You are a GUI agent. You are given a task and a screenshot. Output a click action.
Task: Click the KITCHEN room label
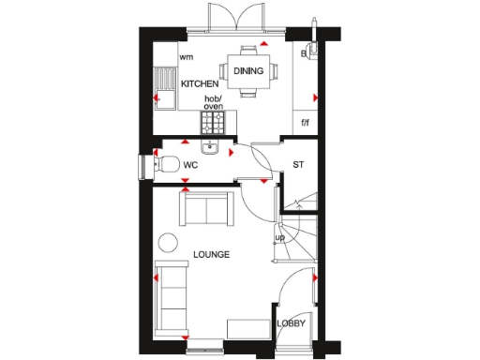(x=200, y=83)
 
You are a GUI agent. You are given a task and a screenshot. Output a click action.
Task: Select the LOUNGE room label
(x=212, y=254)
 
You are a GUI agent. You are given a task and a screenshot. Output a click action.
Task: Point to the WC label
(x=190, y=165)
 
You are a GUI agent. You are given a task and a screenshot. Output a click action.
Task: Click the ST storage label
(x=299, y=165)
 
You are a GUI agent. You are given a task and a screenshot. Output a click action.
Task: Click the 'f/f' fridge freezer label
(x=305, y=122)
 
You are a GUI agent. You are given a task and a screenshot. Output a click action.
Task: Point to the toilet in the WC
(x=167, y=165)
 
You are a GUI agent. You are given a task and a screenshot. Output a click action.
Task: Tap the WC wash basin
(x=208, y=148)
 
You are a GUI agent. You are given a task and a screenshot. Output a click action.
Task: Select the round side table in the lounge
(x=168, y=244)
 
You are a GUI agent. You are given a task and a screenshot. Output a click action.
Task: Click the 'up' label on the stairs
(x=279, y=237)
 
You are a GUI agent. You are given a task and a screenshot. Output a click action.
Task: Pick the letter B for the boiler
(x=304, y=54)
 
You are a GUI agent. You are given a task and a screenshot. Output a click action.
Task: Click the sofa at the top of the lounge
(x=207, y=208)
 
